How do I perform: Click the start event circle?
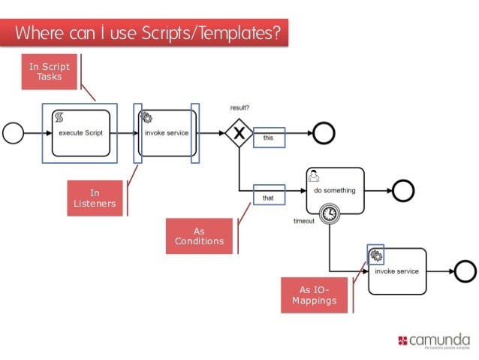click(x=14, y=133)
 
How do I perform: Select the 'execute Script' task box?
click(x=80, y=133)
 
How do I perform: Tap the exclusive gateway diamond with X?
click(x=239, y=133)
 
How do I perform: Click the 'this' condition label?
click(x=269, y=138)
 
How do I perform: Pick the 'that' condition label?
click(x=269, y=198)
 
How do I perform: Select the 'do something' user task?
click(x=335, y=191)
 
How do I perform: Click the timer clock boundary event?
click(x=329, y=214)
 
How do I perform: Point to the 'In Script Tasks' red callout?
click(x=50, y=71)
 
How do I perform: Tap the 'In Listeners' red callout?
click(x=95, y=198)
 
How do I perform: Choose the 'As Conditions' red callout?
click(x=199, y=236)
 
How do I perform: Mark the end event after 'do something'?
click(x=403, y=191)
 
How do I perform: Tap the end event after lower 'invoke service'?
click(x=465, y=271)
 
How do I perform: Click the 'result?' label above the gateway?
click(x=239, y=107)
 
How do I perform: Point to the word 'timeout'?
click(x=304, y=221)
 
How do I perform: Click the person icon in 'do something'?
click(x=314, y=175)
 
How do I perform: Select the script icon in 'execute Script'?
click(x=59, y=117)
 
